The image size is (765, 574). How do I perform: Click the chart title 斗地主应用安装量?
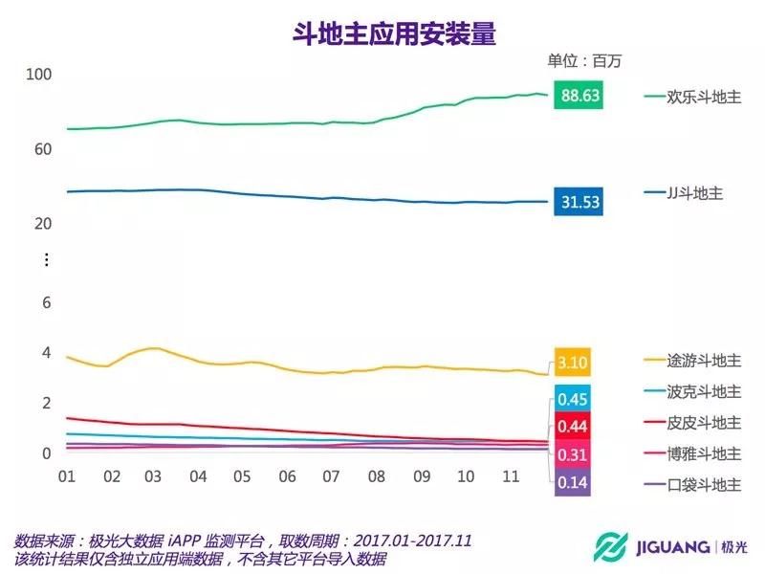tap(394, 34)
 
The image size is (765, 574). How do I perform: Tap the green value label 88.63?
tap(579, 96)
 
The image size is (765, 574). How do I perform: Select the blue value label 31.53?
tap(579, 202)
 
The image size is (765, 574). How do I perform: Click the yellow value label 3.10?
tap(572, 364)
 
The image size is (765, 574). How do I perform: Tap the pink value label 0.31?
tap(573, 454)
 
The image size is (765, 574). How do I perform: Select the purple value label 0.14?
tap(573, 482)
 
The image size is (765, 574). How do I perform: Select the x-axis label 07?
tap(332, 476)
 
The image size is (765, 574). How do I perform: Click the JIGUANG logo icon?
tap(606, 547)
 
